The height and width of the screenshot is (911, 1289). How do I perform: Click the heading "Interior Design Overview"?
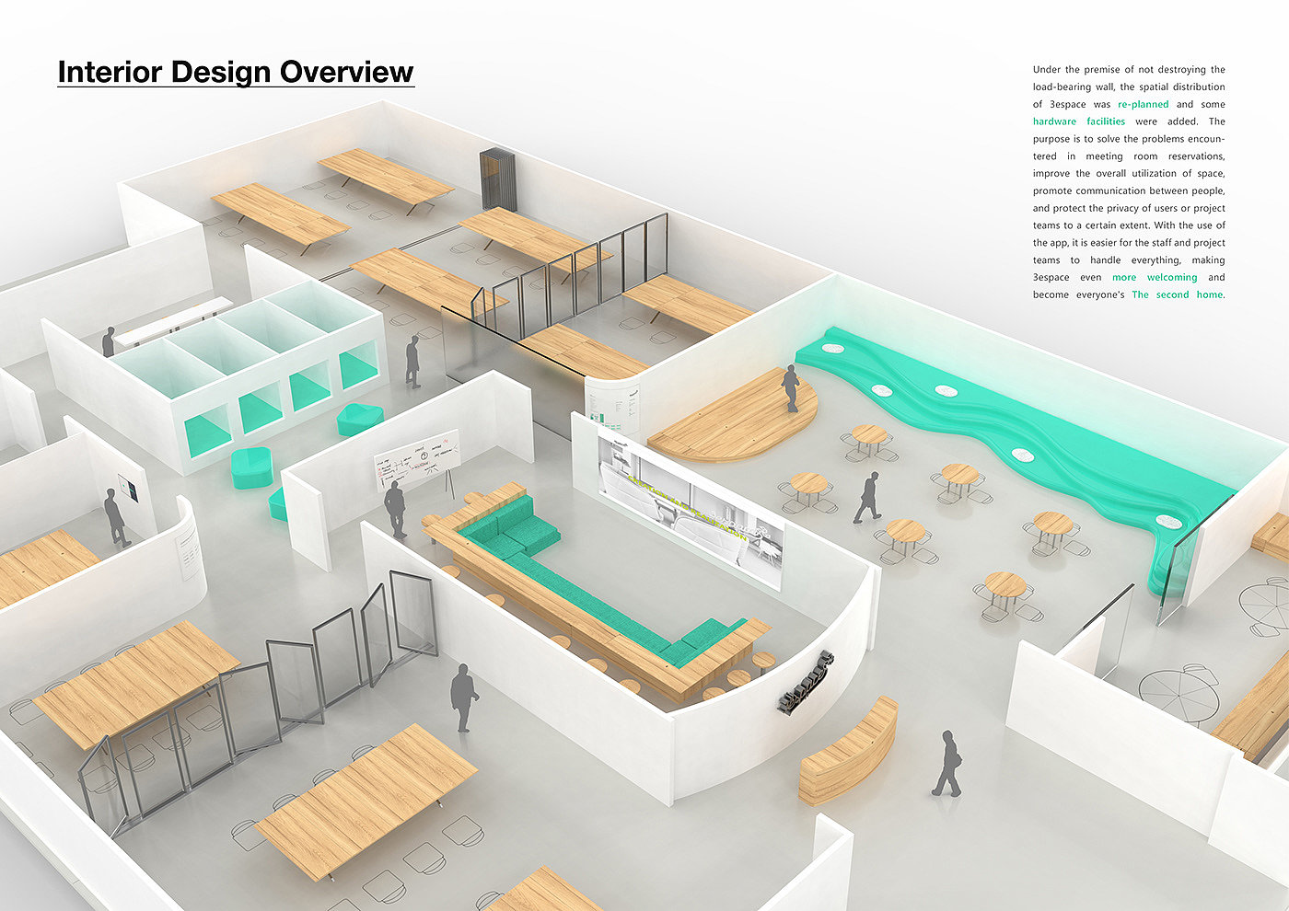click(236, 73)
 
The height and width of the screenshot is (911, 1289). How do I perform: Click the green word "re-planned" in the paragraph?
click(1143, 104)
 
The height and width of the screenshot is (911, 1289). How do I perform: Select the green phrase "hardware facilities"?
click(1079, 121)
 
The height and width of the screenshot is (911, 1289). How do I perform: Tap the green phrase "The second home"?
click(1177, 294)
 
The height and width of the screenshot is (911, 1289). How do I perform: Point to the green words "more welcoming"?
click(1155, 277)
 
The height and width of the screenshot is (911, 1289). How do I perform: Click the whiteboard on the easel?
click(416, 458)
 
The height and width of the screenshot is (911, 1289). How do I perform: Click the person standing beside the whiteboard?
click(395, 508)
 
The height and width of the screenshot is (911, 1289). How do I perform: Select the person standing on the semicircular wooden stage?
click(790, 387)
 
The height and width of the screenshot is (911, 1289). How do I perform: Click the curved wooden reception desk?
click(848, 749)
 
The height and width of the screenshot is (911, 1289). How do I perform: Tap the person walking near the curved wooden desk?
click(946, 763)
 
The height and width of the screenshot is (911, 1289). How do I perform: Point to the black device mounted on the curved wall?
click(804, 684)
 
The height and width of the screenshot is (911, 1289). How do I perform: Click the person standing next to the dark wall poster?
click(115, 517)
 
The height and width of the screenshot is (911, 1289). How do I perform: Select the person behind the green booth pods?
click(109, 341)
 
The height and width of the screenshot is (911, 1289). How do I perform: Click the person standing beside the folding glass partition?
click(463, 698)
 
